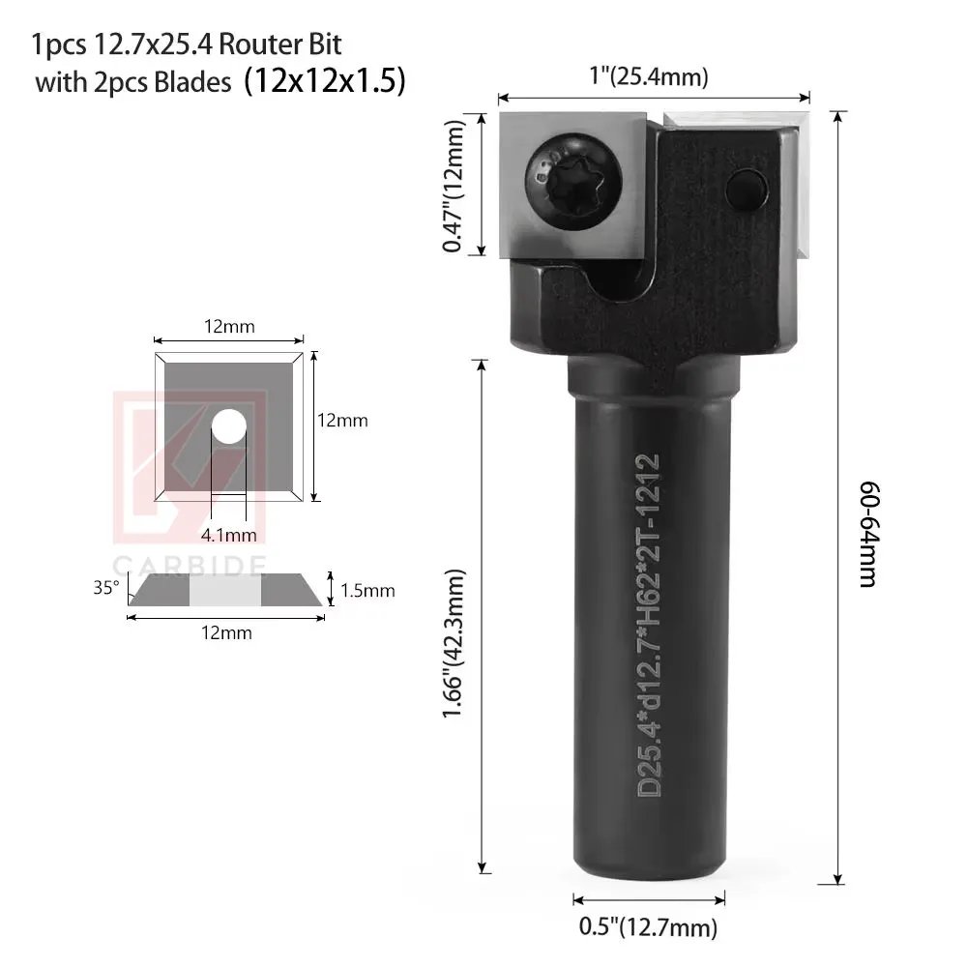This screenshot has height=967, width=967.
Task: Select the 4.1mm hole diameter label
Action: [229, 534]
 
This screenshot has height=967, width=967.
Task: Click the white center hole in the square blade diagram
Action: [229, 427]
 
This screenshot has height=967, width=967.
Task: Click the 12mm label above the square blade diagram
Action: [229, 327]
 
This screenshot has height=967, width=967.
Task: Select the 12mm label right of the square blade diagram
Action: [342, 421]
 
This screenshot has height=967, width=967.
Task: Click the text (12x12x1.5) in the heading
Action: [324, 81]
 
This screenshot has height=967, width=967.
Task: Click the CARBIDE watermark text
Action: [190, 565]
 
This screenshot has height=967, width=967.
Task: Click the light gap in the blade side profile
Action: [224, 590]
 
